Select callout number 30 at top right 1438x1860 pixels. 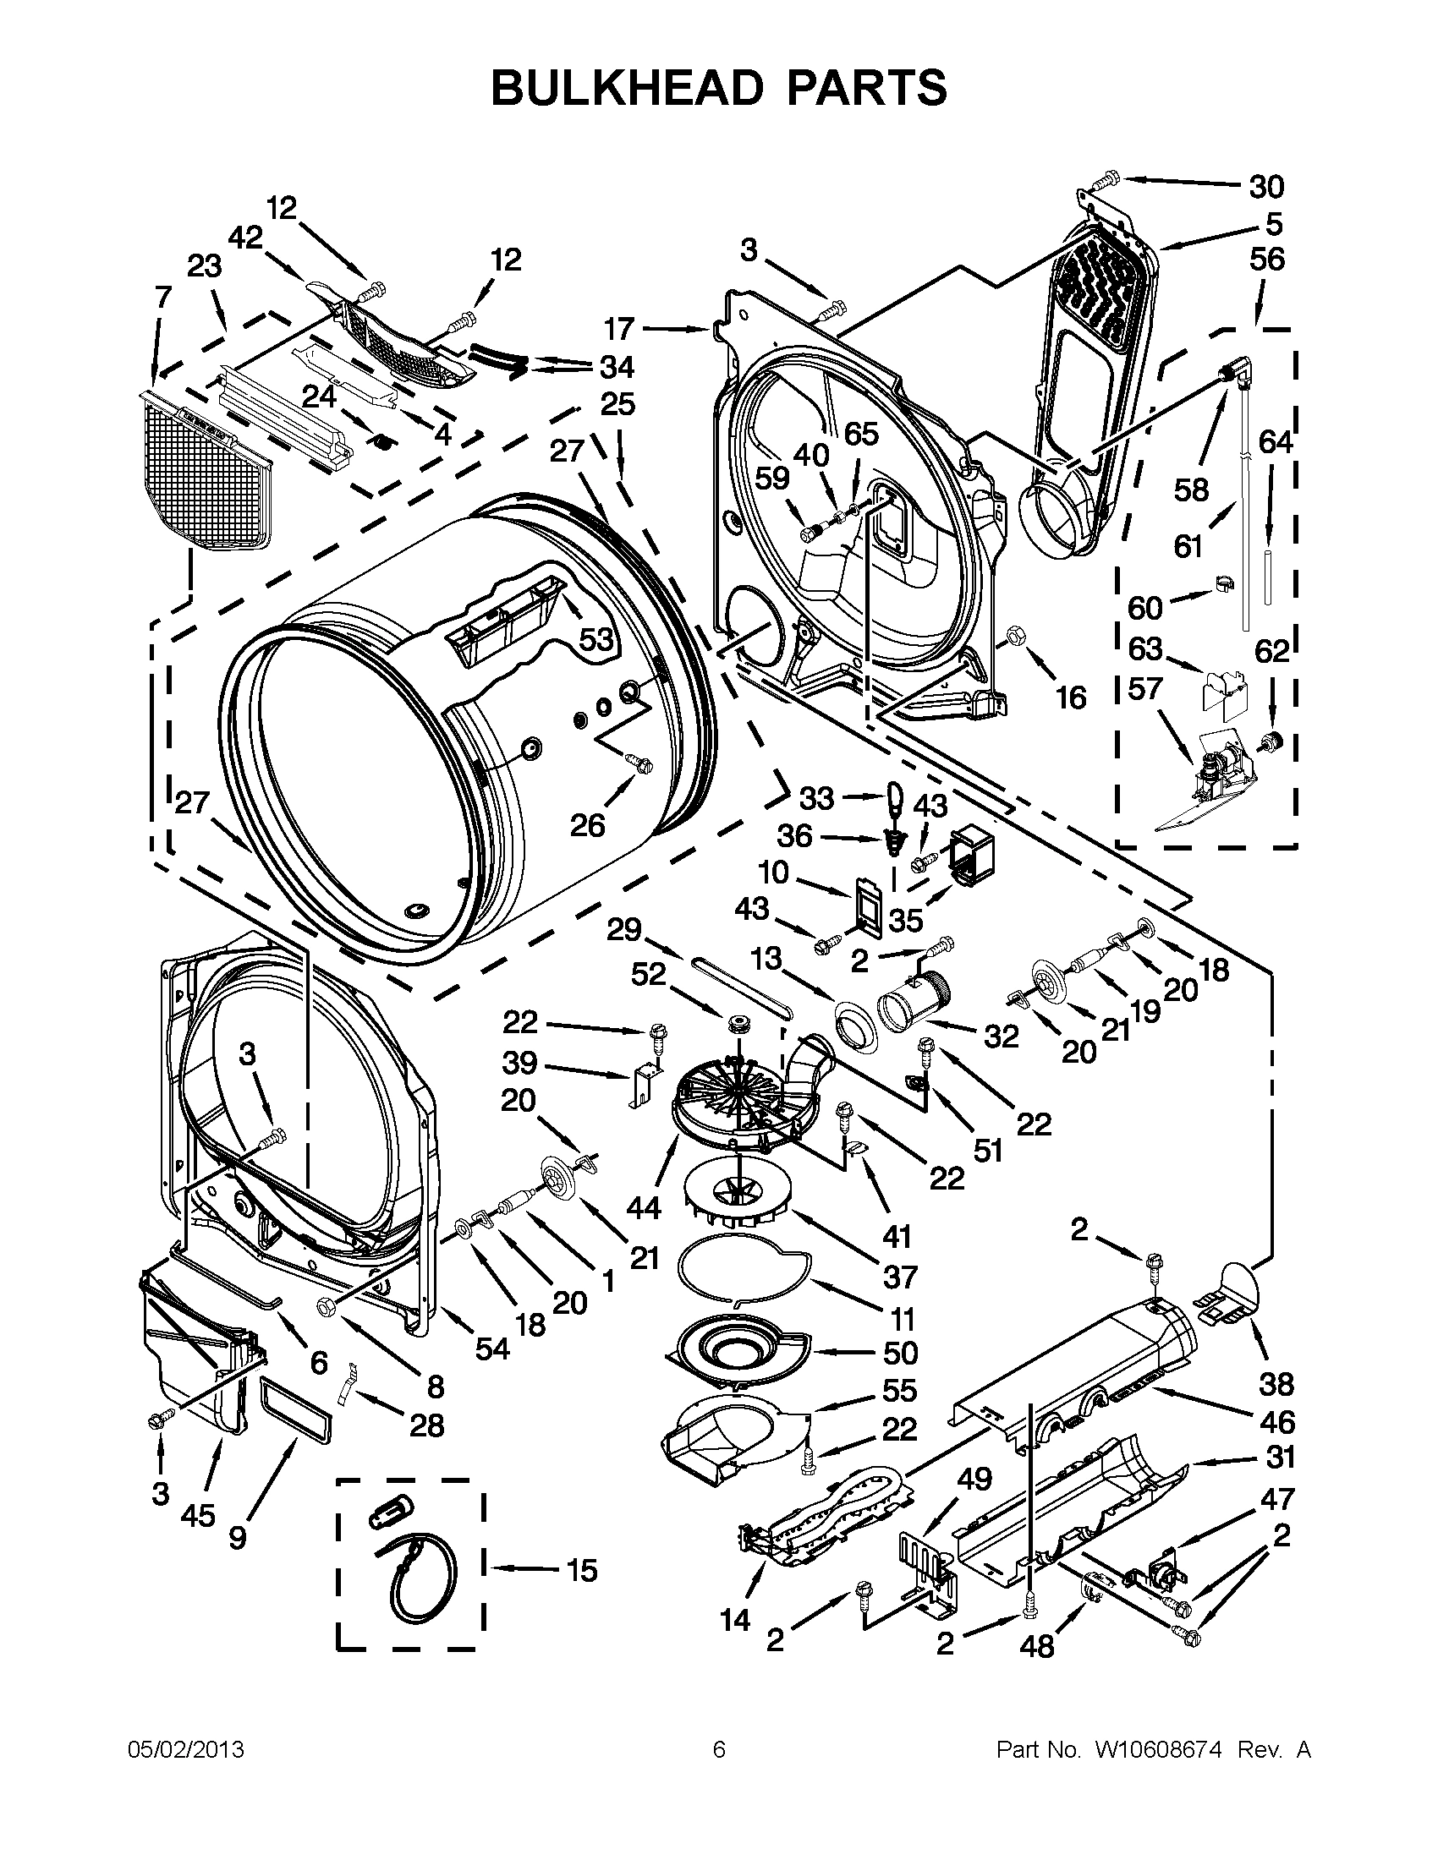pos(1266,187)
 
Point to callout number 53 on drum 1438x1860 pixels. pos(596,637)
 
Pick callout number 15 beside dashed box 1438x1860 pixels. pos(582,1570)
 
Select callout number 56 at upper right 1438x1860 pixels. pos(1267,259)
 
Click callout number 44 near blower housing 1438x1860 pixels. pos(645,1206)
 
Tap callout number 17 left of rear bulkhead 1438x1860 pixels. pos(619,328)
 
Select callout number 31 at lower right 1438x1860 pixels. pos(1280,1458)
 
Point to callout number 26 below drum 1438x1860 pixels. pos(586,823)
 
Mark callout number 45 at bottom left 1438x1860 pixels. pos(198,1513)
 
